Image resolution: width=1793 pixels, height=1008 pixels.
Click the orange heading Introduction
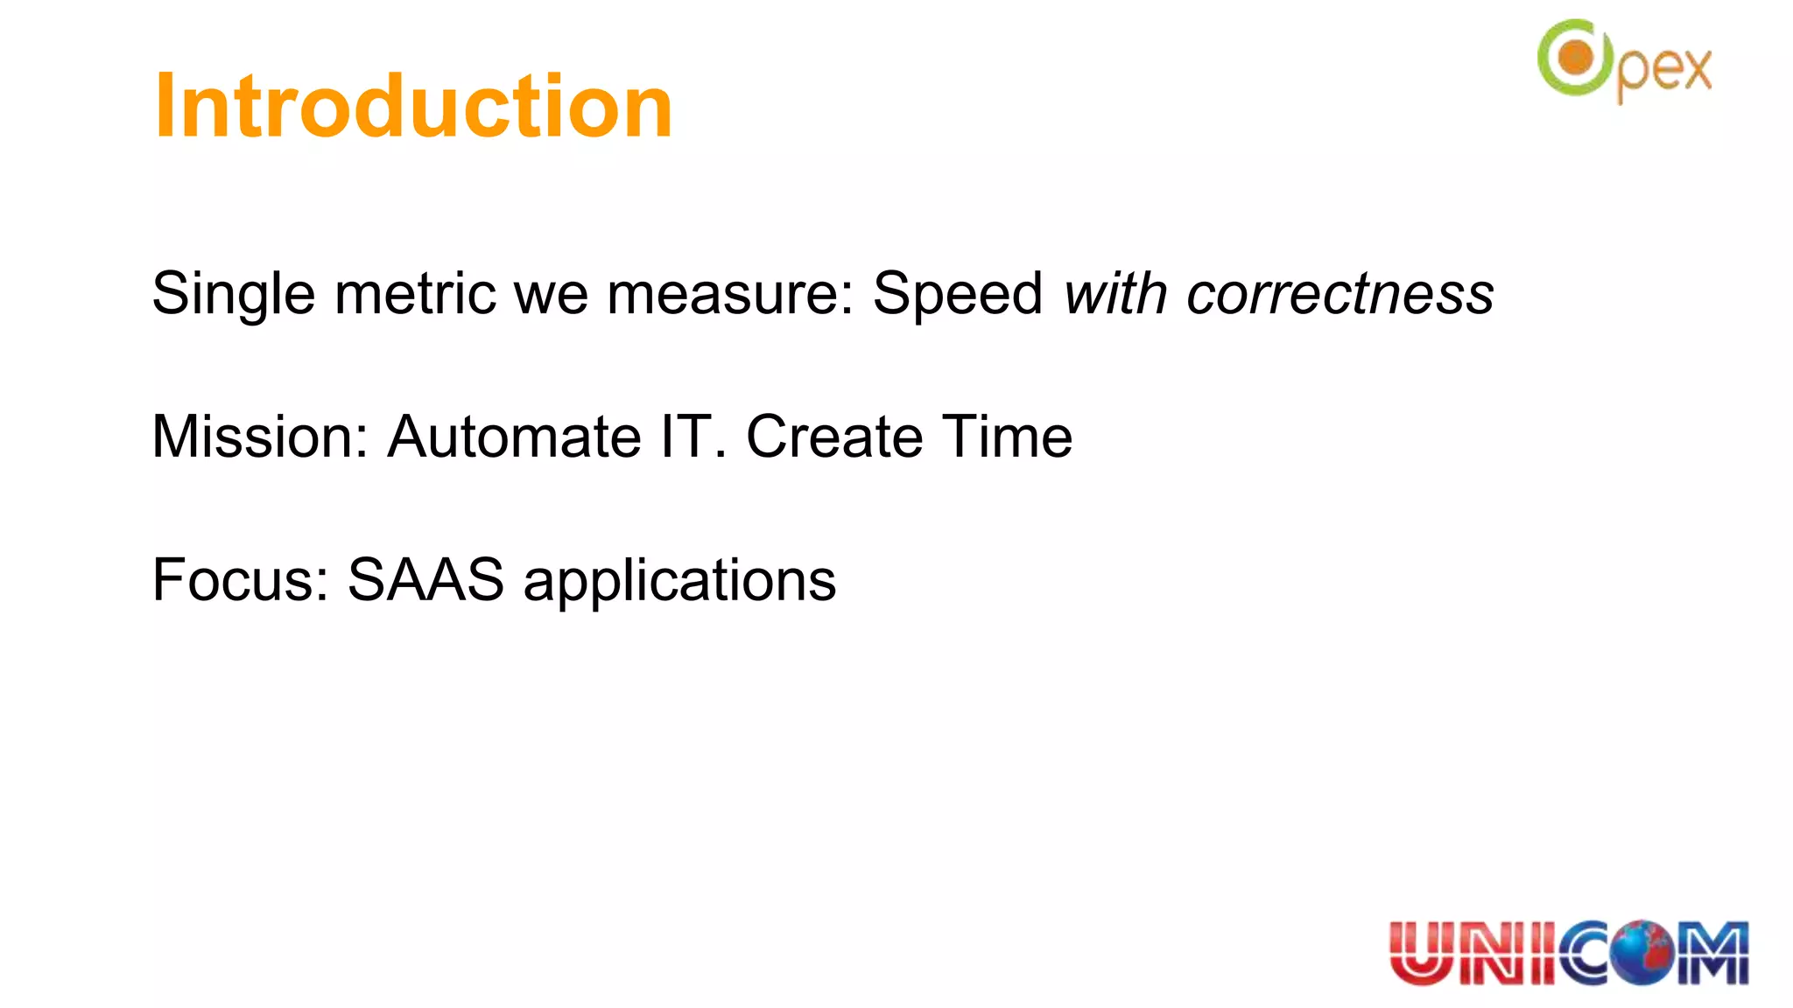click(413, 106)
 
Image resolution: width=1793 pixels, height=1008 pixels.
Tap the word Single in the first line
click(233, 294)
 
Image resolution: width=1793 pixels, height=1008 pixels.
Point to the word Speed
click(958, 294)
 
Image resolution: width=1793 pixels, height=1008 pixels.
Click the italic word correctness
click(1339, 294)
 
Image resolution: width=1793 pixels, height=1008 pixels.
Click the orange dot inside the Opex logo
click(1577, 59)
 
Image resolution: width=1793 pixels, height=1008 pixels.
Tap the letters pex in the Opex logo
click(1663, 70)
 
